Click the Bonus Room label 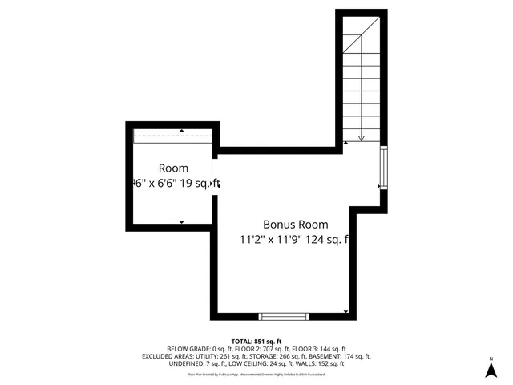tap(295, 225)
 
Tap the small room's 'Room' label tap(173, 168)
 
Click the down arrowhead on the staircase tap(362, 138)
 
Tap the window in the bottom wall tap(284, 315)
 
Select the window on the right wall tap(384, 168)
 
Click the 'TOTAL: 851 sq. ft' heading tap(256, 341)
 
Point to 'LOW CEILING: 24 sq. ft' tap(259, 363)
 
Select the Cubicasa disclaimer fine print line tap(256, 374)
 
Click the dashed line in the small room tap(173, 136)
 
